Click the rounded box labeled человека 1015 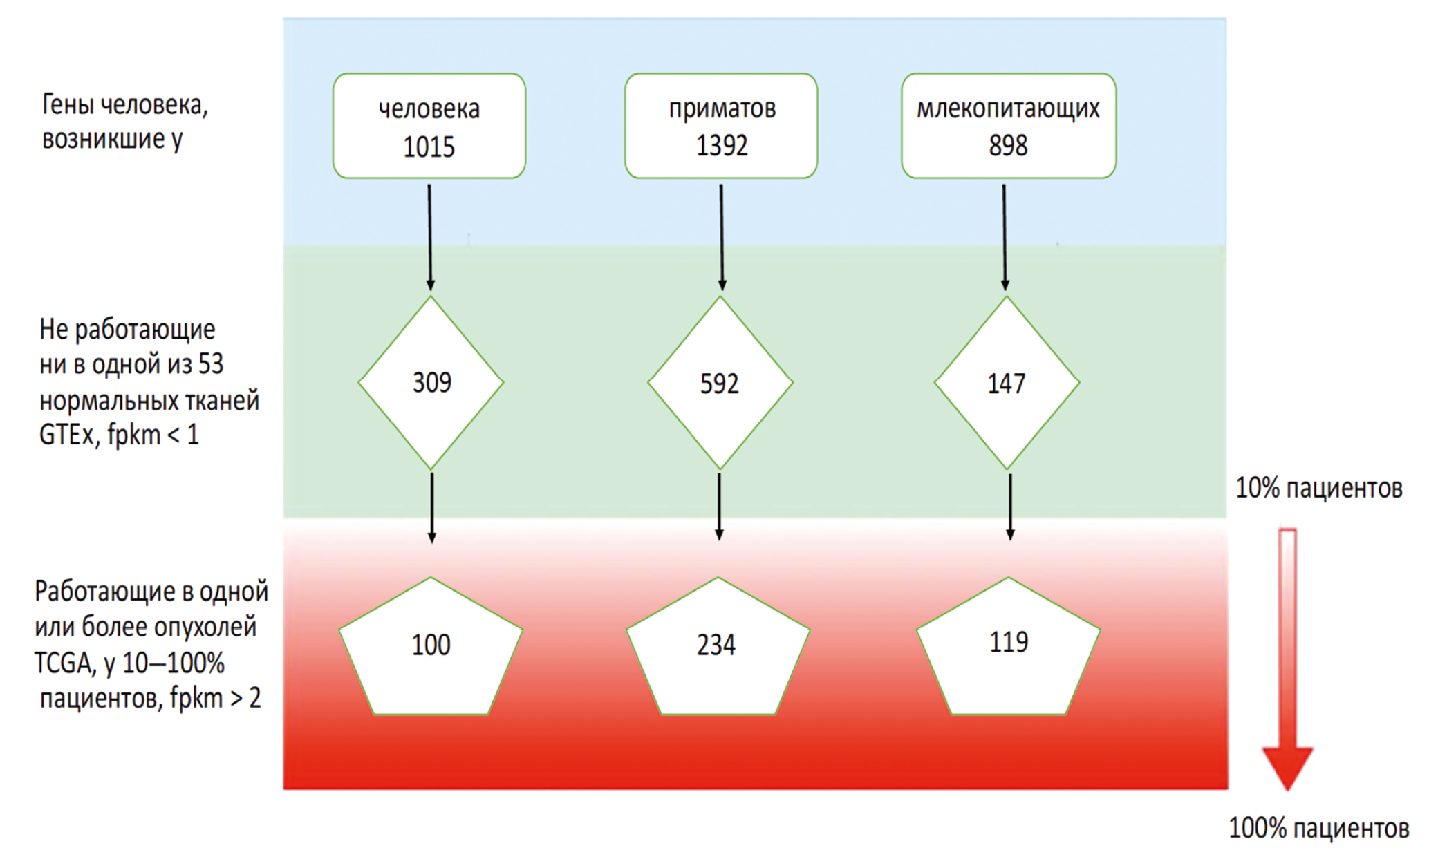[429, 126]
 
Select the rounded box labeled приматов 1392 [721, 126]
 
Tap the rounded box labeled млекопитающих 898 [1008, 126]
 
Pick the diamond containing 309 [431, 382]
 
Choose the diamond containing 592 [720, 382]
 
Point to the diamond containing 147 [1007, 382]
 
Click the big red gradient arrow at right [1287, 657]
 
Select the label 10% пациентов [1318, 488]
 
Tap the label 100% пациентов [1318, 827]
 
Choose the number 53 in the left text [211, 364]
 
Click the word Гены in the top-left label [68, 104]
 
